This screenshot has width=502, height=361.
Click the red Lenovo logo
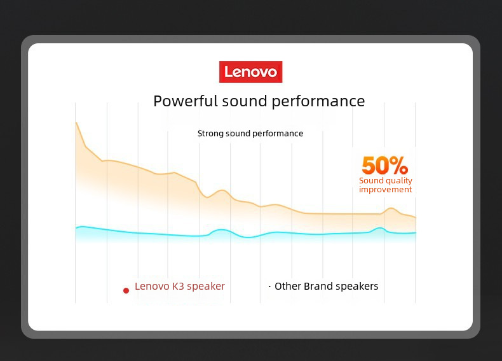[250, 72]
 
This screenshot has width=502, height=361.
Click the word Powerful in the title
[186, 101]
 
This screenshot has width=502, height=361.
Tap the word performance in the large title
[318, 102]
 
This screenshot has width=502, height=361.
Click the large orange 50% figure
[385, 166]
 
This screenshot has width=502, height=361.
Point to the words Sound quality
[386, 181]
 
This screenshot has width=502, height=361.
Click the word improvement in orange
[385, 190]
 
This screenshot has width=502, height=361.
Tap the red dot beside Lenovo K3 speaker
[126, 290]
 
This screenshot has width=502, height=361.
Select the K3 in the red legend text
[178, 286]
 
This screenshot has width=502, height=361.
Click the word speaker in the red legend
[206, 287]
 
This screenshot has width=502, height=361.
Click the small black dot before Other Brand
[269, 286]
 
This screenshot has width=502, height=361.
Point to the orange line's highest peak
[76, 123]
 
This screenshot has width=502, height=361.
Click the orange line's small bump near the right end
[391, 208]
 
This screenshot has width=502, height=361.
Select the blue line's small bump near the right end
[380, 228]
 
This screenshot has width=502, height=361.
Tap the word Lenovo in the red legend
[152, 286]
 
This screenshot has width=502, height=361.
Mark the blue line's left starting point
[76, 228]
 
